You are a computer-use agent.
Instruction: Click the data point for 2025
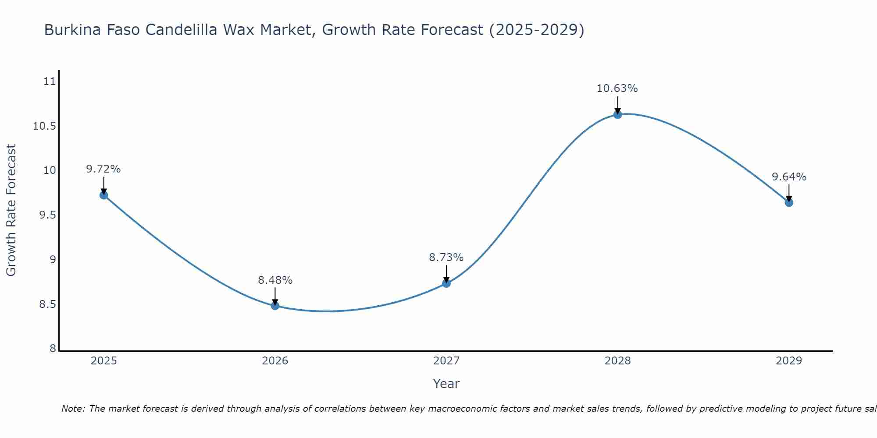tap(104, 195)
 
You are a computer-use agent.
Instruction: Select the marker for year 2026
tap(275, 306)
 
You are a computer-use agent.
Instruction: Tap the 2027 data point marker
tap(446, 283)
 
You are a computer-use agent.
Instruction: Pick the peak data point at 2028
tap(617, 115)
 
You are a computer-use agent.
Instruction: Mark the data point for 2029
tap(789, 202)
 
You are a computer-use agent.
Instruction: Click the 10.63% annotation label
tap(617, 88)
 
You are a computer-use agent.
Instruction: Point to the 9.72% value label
tap(103, 169)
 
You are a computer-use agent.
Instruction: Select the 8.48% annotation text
tap(275, 280)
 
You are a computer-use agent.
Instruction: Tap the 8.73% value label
tap(446, 258)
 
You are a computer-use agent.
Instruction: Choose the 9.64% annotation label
tap(789, 177)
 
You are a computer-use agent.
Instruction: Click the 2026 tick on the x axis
tap(275, 361)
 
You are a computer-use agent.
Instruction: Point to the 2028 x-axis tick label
tap(617, 361)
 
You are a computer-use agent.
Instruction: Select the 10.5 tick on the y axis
tap(44, 127)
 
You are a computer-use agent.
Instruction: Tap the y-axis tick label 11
tap(50, 81)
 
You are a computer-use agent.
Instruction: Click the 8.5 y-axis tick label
tap(47, 304)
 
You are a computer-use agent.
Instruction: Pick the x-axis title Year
tap(446, 384)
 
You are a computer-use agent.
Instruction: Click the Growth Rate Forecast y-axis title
tap(11, 210)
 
